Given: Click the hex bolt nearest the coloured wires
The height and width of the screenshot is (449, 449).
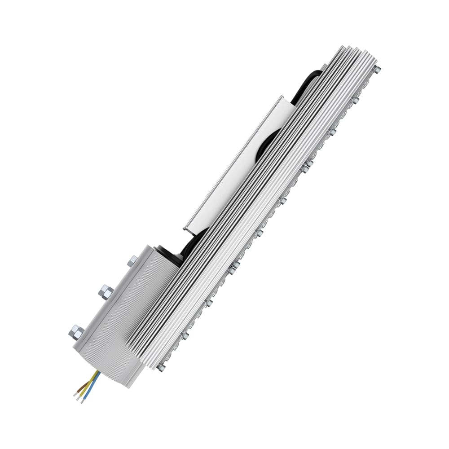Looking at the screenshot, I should point(76,332).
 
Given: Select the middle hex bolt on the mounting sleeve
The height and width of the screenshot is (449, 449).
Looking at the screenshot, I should point(105,292).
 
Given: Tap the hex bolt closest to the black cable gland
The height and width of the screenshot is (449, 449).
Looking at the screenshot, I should point(132,261).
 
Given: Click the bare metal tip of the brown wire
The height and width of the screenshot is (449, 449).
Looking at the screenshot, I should point(75,394).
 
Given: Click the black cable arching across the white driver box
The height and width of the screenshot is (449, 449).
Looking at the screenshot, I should point(265,144).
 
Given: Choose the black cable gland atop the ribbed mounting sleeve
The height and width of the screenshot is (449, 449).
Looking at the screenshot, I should point(168,254).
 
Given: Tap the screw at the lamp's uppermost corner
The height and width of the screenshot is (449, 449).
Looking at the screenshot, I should point(377,70).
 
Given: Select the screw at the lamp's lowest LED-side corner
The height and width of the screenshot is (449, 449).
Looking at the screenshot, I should point(161,367).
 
